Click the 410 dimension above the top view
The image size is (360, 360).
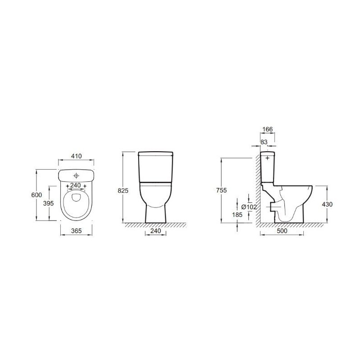tap(76, 156)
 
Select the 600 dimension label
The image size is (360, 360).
tap(36, 195)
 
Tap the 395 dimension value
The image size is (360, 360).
tap(48, 203)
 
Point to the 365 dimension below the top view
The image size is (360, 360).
tap(76, 231)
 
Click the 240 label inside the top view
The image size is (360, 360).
tap(75, 185)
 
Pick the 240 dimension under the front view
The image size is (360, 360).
tap(155, 230)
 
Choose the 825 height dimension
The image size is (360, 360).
tap(123, 190)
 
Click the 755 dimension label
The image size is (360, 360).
tap(221, 190)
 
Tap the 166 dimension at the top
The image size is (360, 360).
tap(267, 129)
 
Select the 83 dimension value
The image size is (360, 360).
tap(264, 142)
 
